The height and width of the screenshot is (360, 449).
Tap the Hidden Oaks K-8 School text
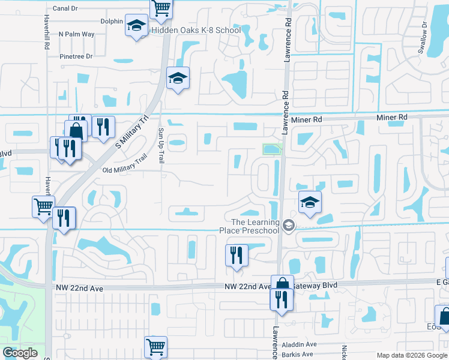point(196,30)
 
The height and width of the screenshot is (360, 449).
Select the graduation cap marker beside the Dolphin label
point(136,26)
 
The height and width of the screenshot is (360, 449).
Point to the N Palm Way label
point(76,34)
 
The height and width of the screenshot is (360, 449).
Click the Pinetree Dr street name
point(76,56)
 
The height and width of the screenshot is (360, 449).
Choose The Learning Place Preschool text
point(256,226)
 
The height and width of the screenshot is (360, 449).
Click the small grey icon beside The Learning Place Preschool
point(289,226)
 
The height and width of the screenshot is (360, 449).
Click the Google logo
point(20,353)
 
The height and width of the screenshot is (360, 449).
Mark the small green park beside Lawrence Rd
point(272,149)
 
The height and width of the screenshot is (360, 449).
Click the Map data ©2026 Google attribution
point(411,355)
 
